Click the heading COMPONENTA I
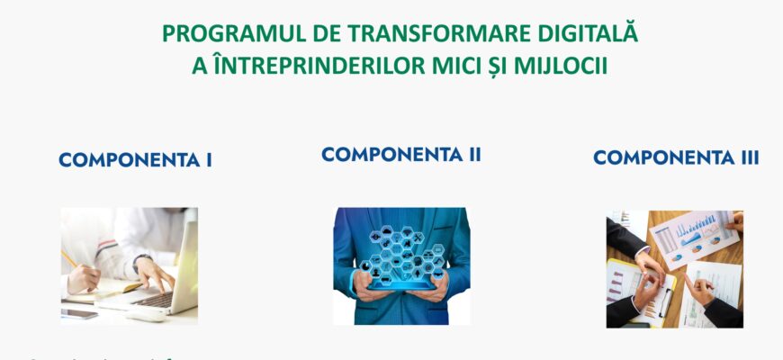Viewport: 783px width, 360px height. [x=135, y=160]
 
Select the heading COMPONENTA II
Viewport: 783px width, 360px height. [x=401, y=154]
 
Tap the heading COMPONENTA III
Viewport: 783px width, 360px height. [x=676, y=157]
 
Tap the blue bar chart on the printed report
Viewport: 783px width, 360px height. [x=693, y=238]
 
